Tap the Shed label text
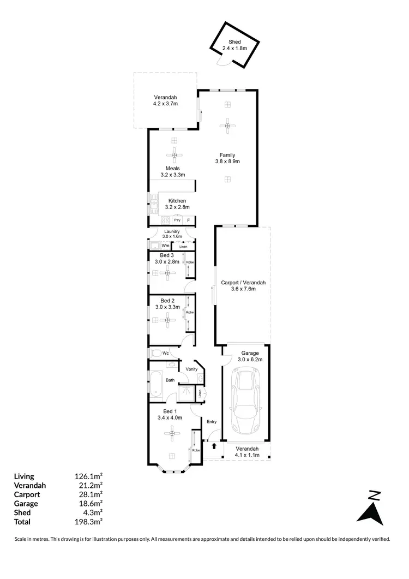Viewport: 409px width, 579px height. point(234,42)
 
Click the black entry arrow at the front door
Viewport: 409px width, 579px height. point(214,446)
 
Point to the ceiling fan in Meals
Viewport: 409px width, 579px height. point(174,155)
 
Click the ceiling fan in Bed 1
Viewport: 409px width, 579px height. point(172,434)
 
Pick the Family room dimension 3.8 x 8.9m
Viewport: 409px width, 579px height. point(227,162)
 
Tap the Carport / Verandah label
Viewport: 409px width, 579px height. point(243,283)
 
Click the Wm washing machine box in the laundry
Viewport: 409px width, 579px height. point(165,246)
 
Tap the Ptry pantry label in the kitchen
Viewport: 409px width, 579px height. point(177,220)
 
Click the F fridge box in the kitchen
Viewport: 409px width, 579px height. point(189,220)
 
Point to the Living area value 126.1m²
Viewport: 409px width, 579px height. point(88,476)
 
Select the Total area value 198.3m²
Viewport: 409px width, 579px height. point(88,522)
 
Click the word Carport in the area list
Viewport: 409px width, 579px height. point(27,494)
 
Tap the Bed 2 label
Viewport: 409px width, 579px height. point(167,300)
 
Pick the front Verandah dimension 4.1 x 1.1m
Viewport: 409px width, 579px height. point(247,455)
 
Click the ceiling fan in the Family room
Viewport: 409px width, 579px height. point(227,126)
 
